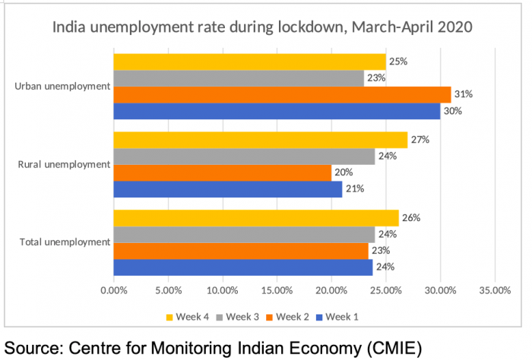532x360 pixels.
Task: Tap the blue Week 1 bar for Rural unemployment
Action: (227, 188)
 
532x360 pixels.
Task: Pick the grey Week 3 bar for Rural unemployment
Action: (244, 156)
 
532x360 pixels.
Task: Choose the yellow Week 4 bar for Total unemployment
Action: (255, 219)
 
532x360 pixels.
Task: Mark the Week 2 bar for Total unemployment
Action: (240, 251)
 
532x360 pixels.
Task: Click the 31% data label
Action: (463, 94)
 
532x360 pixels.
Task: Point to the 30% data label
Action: (452, 110)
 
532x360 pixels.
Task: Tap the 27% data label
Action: (420, 140)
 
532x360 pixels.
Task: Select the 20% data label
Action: (344, 172)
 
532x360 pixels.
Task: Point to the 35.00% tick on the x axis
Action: (495, 289)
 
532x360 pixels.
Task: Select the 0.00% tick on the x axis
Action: (114, 289)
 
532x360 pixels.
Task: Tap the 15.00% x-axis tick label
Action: (277, 289)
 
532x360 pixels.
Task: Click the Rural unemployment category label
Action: (64, 164)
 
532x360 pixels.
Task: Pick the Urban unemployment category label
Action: (62, 86)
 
